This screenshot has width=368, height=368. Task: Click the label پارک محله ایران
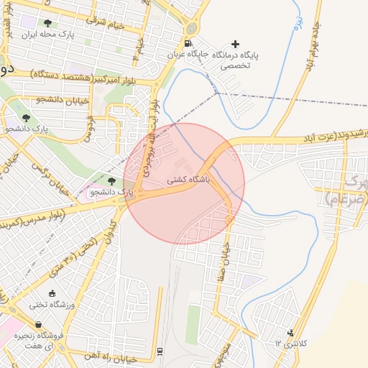click(47, 34)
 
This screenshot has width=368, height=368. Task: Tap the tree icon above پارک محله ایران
click(47, 23)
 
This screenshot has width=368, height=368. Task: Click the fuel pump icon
click(188, 43)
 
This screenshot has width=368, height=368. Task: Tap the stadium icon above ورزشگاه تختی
click(51, 293)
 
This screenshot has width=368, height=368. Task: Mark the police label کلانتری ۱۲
click(290, 344)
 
